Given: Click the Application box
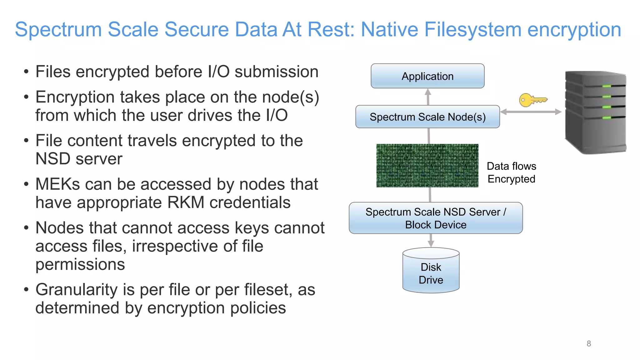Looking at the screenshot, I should click(x=427, y=76).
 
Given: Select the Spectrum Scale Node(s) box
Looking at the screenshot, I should click(x=427, y=117).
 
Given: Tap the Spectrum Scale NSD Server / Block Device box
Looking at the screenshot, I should click(x=436, y=218).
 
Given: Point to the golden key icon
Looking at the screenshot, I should click(x=532, y=100).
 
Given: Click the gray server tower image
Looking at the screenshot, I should click(x=595, y=112).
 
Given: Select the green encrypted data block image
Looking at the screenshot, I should click(x=427, y=166).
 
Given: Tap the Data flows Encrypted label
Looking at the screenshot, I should click(x=512, y=172).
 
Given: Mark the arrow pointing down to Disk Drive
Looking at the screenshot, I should click(x=431, y=241).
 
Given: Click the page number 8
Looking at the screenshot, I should click(x=589, y=344).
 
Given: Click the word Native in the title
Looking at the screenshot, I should click(x=389, y=30).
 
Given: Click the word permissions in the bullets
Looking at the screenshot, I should click(x=80, y=264).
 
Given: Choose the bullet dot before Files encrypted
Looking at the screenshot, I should click(x=27, y=72).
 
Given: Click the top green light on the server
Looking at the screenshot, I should click(x=607, y=86).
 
